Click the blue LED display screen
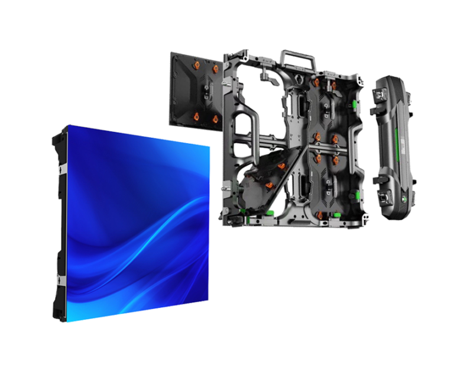pos(136,225)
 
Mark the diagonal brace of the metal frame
pos(290,172)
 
